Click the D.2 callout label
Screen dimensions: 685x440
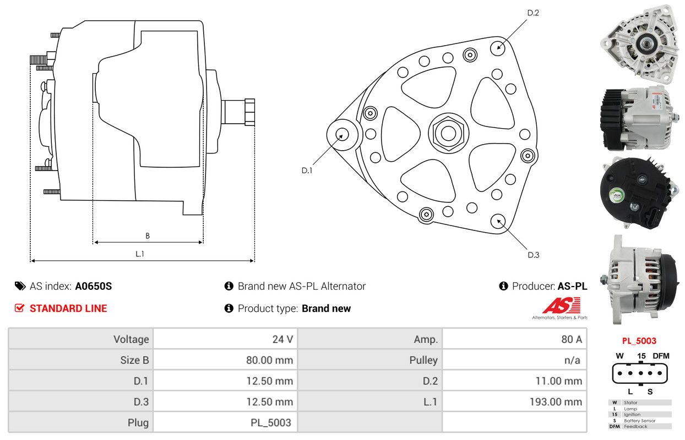tap(533, 13)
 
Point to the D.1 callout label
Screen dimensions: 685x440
tap(307, 170)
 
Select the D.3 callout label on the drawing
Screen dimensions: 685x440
tap(534, 255)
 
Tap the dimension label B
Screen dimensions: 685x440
tap(148, 236)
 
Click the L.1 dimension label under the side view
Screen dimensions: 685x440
tap(140, 254)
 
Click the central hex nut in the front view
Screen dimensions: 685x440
tap(448, 134)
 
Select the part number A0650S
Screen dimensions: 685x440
tap(94, 286)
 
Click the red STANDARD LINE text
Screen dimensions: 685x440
tap(68, 309)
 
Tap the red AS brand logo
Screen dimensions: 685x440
tap(562, 305)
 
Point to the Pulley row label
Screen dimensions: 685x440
tap(423, 360)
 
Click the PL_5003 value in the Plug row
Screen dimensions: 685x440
tap(270, 422)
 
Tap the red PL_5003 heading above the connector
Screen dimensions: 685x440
tap(639, 341)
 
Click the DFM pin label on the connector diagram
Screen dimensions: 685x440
tap(661, 356)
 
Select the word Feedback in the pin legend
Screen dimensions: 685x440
tap(635, 427)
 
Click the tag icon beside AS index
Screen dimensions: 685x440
tap(20, 286)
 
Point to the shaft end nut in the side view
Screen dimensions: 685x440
tap(250, 112)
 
